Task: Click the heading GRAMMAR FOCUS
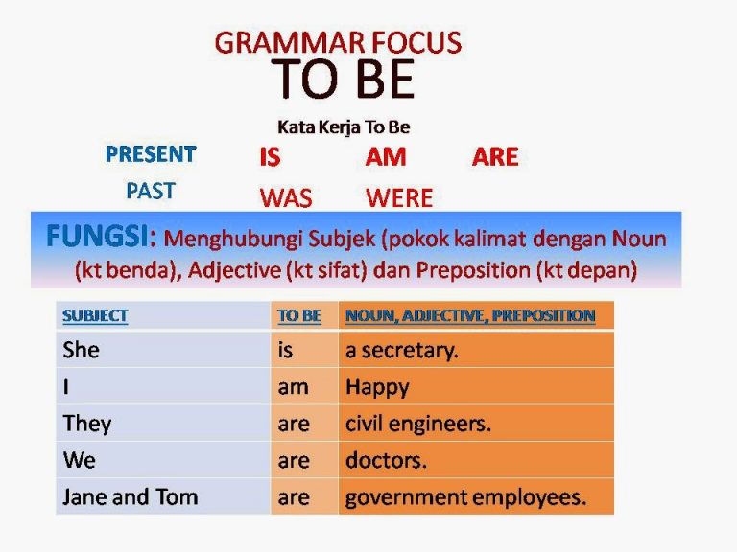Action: tap(338, 43)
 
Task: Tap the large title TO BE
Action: tap(343, 80)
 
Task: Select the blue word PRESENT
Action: tap(151, 154)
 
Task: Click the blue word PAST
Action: tap(151, 191)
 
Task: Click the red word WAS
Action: tap(285, 198)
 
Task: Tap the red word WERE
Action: tap(399, 198)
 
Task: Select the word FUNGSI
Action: tap(101, 237)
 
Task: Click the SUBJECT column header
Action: tap(95, 315)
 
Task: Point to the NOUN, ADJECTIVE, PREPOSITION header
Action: tap(470, 315)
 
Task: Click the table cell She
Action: tap(82, 350)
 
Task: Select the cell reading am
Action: tap(293, 387)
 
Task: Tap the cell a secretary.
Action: tap(402, 350)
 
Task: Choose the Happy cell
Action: tap(377, 387)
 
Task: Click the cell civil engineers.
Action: tap(418, 424)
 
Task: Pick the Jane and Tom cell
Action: tap(131, 497)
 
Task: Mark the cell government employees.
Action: tap(465, 497)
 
